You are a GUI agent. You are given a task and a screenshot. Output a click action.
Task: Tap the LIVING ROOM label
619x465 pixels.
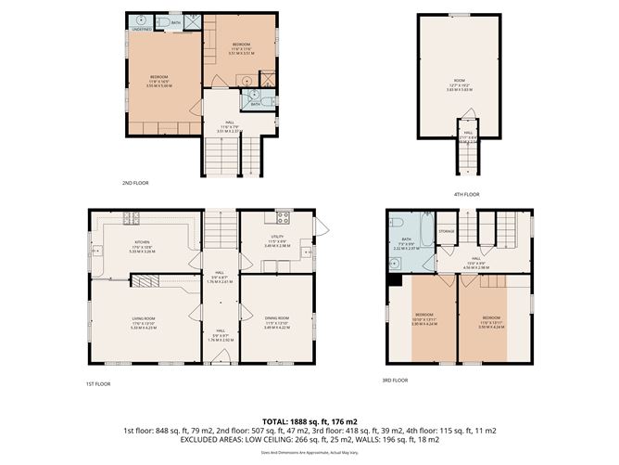144,317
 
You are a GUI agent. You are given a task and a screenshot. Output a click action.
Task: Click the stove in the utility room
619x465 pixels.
284,219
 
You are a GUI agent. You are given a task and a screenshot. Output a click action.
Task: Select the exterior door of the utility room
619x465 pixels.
322,227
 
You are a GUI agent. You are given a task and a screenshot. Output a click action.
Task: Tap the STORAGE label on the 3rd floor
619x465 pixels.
447,230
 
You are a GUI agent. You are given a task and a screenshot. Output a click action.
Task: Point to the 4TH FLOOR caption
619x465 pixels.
467,194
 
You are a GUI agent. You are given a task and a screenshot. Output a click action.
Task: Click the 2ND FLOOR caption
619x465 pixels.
135,183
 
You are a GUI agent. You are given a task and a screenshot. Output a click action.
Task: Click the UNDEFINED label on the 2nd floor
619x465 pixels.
141,29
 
